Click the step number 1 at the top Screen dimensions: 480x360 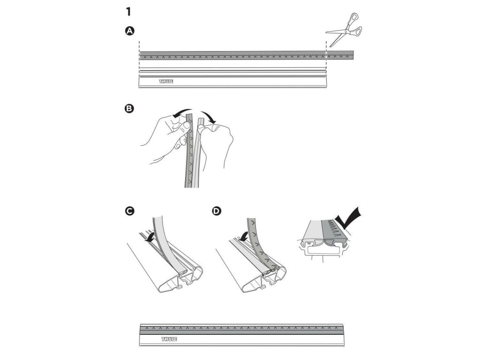coord(128,12)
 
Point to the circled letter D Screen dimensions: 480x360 coord(216,211)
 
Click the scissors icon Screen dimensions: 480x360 coord(345,30)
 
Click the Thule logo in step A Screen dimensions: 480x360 coord(165,82)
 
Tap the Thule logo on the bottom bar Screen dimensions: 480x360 coord(168,338)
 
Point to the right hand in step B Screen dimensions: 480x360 coord(220,141)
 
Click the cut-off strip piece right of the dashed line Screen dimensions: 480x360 coord(340,55)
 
